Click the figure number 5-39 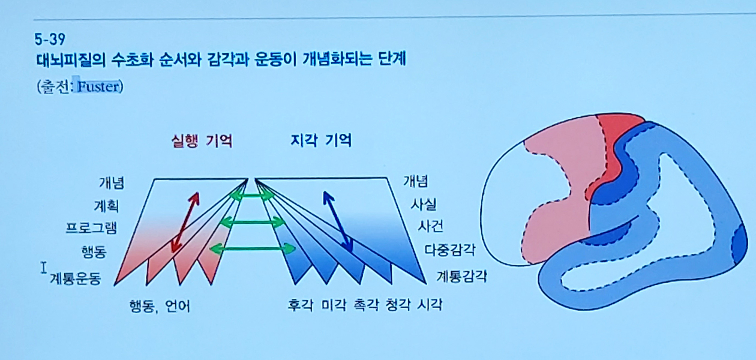tap(50, 39)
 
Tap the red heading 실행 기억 tap(202, 141)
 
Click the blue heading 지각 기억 tap(321, 140)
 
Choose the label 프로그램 tap(91, 228)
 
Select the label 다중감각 tap(450, 250)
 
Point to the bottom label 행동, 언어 tap(160, 306)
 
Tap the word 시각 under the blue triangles tap(429, 305)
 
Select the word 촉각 tap(367, 305)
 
